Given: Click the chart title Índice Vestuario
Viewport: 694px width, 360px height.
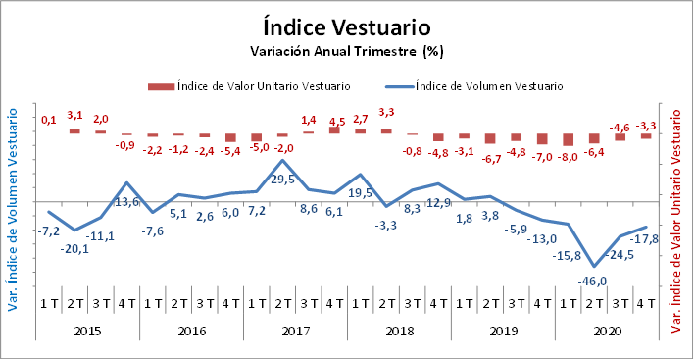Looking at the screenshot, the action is pyautogui.click(x=347, y=27).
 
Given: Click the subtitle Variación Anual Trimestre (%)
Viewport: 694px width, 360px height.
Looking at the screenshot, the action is pyautogui.click(x=347, y=51).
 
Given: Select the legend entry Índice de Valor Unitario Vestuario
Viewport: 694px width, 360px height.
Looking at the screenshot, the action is pyautogui.click(x=249, y=86).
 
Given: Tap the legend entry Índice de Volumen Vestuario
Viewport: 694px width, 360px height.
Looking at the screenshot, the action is pyautogui.click(x=474, y=86).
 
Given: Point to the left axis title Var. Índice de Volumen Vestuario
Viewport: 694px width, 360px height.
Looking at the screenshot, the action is pyautogui.click(x=13, y=210).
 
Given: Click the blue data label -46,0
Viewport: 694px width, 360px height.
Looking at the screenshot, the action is pyautogui.click(x=592, y=282).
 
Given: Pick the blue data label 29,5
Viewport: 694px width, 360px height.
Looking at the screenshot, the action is pyautogui.click(x=282, y=180).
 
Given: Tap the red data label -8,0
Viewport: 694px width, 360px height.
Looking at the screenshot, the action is pyautogui.click(x=567, y=157).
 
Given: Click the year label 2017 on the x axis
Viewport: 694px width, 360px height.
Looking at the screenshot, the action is pyautogui.click(x=296, y=331).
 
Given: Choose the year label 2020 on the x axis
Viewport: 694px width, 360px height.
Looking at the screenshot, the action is pyautogui.click(x=607, y=331).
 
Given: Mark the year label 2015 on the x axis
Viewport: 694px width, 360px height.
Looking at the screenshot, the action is pyautogui.click(x=87, y=331).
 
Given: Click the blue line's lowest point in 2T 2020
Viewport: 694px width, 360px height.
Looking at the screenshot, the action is pyautogui.click(x=594, y=267).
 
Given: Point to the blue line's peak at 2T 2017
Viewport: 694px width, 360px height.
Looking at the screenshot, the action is pyautogui.click(x=282, y=160).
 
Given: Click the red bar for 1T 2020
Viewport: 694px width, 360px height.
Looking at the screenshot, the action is pyautogui.click(x=568, y=139).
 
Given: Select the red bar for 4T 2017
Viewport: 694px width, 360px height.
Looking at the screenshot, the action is pyautogui.click(x=334, y=130).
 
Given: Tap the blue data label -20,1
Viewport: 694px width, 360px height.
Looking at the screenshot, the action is pyautogui.click(x=74, y=249).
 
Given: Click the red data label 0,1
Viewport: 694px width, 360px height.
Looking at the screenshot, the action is pyautogui.click(x=49, y=120).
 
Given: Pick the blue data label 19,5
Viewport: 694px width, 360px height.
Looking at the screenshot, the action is pyautogui.click(x=361, y=193).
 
